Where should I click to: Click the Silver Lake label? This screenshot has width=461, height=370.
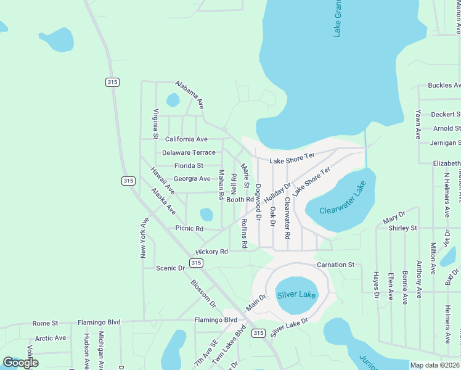(296, 295)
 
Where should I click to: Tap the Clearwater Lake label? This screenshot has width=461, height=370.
(343, 210)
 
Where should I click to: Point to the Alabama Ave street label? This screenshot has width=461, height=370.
(189, 94)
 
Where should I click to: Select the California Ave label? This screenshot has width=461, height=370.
(186, 139)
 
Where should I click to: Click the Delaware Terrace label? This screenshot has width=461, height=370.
(189, 152)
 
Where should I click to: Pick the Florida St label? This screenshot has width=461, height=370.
(189, 166)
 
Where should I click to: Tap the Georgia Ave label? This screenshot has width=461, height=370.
(192, 179)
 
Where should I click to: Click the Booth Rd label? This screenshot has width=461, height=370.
(240, 199)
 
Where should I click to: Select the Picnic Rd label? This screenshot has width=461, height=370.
(189, 229)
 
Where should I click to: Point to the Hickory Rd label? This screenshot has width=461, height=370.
(211, 252)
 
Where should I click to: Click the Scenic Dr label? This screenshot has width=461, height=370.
(171, 268)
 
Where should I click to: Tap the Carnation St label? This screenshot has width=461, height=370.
(335, 265)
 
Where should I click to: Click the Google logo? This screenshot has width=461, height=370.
(20, 362)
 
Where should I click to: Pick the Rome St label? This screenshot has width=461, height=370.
(45, 323)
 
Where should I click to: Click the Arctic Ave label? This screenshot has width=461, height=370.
(51, 338)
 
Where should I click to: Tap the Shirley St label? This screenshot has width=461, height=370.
(402, 228)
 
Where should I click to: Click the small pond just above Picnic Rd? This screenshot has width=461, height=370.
(206, 215)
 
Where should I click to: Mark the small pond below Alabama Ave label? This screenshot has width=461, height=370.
(173, 100)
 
